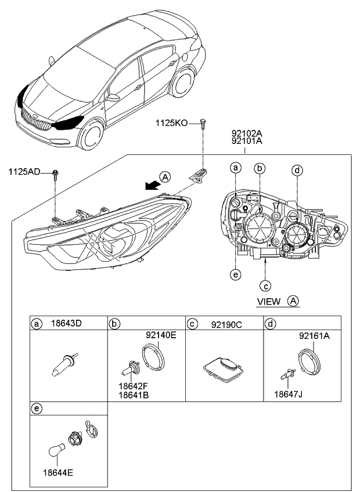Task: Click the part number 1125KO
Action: [172, 123]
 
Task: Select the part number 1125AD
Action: [25, 172]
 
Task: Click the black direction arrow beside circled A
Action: [152, 185]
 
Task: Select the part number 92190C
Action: [224, 323]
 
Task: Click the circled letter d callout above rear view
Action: [297, 170]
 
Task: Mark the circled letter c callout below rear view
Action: [265, 284]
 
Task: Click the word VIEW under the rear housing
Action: [269, 301]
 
